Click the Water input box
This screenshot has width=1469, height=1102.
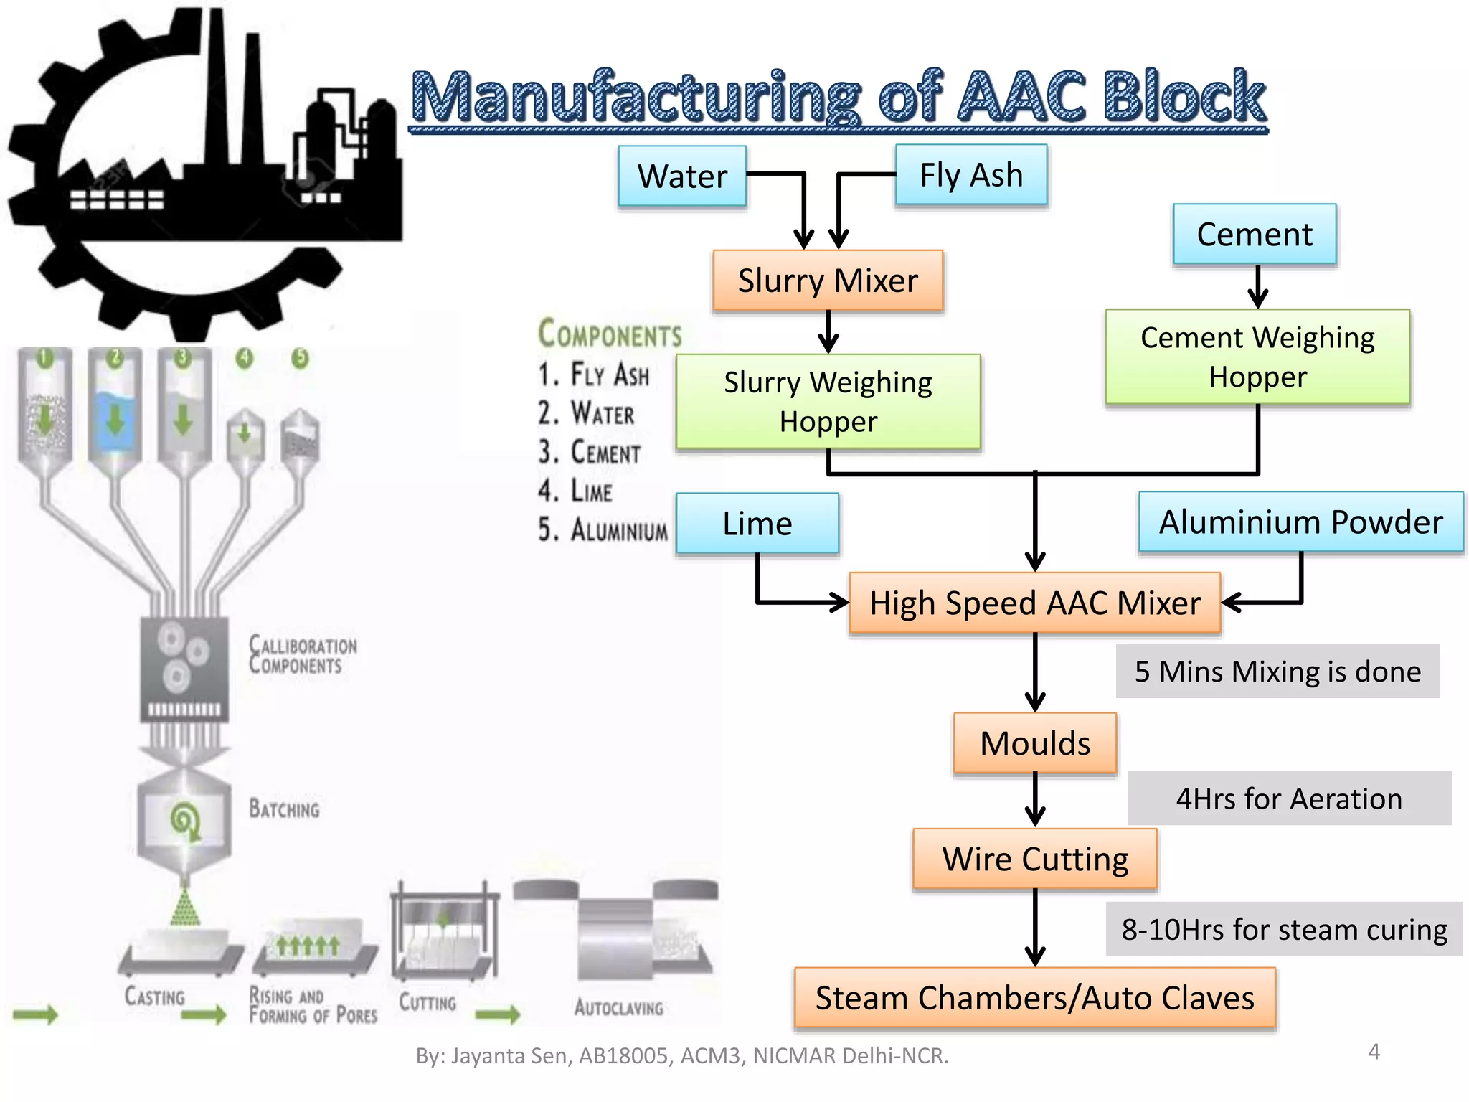(682, 176)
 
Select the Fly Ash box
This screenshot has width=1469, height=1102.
(970, 175)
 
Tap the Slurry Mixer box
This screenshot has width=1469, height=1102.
(828, 281)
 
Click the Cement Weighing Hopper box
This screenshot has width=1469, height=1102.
(1257, 357)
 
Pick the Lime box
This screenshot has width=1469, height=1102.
(757, 524)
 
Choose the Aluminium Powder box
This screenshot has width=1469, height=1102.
(1300, 522)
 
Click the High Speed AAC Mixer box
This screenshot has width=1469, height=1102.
(1034, 603)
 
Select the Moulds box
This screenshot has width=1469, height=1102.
(1034, 743)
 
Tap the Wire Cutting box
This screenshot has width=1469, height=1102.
(1034, 859)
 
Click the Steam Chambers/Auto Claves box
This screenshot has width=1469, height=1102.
(1034, 998)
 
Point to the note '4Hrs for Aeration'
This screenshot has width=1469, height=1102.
(1288, 799)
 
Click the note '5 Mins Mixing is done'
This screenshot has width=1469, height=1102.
(1277, 672)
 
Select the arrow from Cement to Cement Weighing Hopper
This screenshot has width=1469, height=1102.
(1257, 286)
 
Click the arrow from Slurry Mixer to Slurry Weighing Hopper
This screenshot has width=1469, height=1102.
(828, 331)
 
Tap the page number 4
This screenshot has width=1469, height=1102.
(1374, 1052)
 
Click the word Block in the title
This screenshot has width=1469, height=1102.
(1184, 97)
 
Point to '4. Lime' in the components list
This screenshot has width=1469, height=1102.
(575, 491)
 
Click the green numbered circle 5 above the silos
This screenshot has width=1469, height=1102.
(300, 358)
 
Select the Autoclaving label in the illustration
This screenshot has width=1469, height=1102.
(618, 1007)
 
